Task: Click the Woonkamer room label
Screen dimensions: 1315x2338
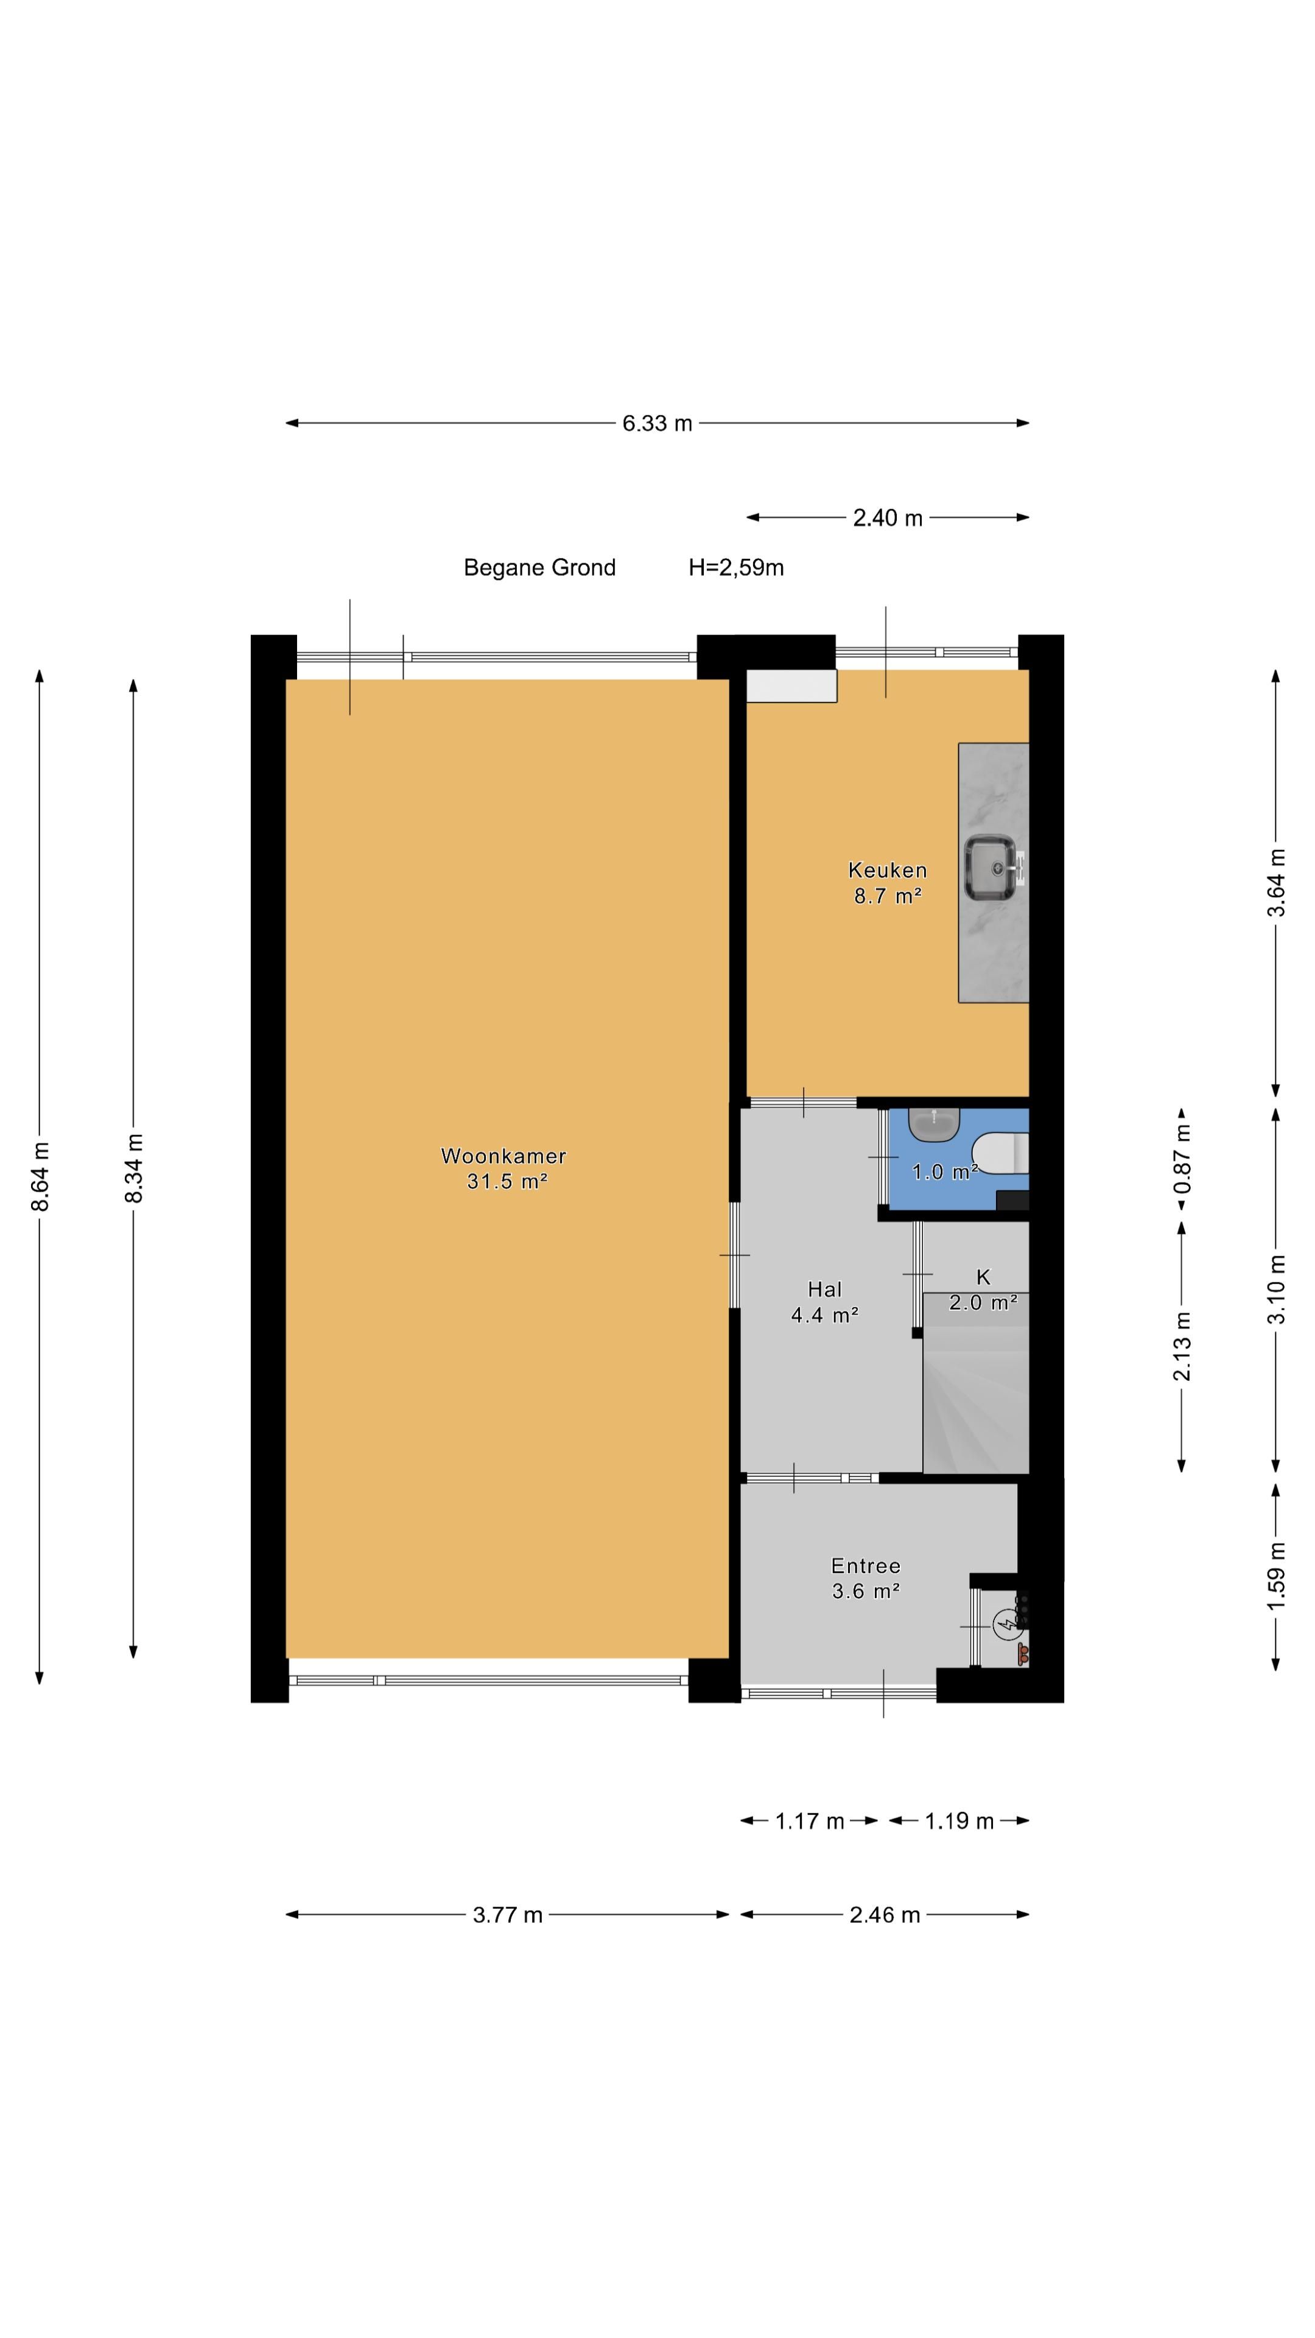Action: coord(503,1156)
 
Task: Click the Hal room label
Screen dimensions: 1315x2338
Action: coord(824,1289)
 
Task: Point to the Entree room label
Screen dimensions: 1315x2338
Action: coord(865,1565)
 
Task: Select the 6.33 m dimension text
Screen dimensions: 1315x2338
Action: coord(657,423)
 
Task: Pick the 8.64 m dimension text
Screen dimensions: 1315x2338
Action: coord(40,1176)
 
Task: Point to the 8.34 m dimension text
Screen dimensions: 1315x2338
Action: coord(133,1168)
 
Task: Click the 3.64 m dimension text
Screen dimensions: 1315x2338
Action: coord(1276,882)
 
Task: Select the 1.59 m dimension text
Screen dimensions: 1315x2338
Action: coord(1276,1576)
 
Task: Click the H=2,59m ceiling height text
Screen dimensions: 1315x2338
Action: coord(736,568)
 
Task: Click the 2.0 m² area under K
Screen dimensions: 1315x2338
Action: coord(983,1302)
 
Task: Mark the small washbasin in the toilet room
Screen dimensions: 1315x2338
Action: coord(934,1125)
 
